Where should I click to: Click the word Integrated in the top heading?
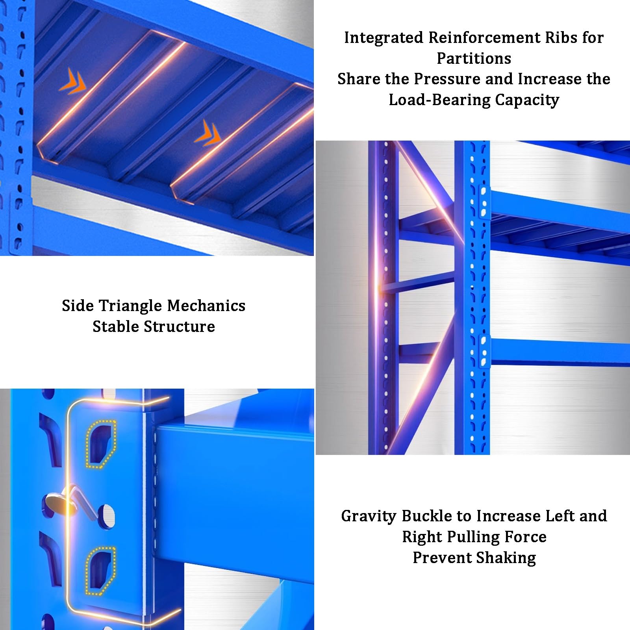[384, 38]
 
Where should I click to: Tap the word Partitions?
[474, 58]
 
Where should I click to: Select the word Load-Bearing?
[439, 100]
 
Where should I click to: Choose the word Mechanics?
[206, 306]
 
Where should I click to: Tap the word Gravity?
[369, 516]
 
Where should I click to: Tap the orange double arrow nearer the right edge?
[208, 133]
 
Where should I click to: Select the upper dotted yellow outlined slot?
[101, 444]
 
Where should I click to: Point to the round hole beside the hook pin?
[106, 516]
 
